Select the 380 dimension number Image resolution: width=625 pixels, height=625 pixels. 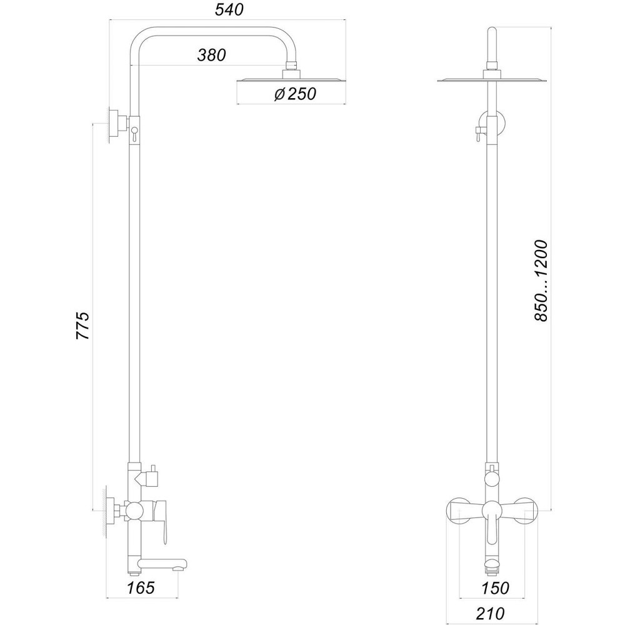point(211,55)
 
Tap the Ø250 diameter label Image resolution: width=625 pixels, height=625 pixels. point(295,94)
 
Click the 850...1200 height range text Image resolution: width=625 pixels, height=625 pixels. point(541,280)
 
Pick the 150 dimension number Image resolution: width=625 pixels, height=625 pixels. point(495,587)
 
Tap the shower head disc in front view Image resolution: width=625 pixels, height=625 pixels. point(491,80)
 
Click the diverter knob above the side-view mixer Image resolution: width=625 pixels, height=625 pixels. point(150,477)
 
